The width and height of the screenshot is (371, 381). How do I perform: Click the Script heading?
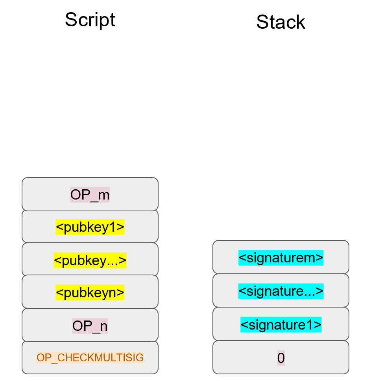[90, 20]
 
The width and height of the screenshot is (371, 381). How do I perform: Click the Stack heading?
[281, 22]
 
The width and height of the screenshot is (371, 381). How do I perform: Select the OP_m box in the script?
[90, 194]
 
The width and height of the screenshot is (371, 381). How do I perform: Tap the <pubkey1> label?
[90, 227]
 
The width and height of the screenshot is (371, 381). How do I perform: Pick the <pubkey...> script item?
[90, 260]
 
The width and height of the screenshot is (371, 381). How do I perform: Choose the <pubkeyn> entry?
[90, 293]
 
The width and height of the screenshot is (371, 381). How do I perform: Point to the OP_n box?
[90, 326]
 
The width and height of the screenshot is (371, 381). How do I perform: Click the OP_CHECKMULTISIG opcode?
[90, 358]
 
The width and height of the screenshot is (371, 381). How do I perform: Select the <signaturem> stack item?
[281, 258]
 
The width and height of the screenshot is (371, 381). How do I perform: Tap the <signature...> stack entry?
[281, 291]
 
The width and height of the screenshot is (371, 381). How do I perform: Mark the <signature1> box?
[281, 325]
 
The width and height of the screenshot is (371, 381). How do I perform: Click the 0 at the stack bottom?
[281, 358]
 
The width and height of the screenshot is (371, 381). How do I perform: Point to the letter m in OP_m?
[104, 195]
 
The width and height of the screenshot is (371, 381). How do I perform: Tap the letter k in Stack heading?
[301, 22]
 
